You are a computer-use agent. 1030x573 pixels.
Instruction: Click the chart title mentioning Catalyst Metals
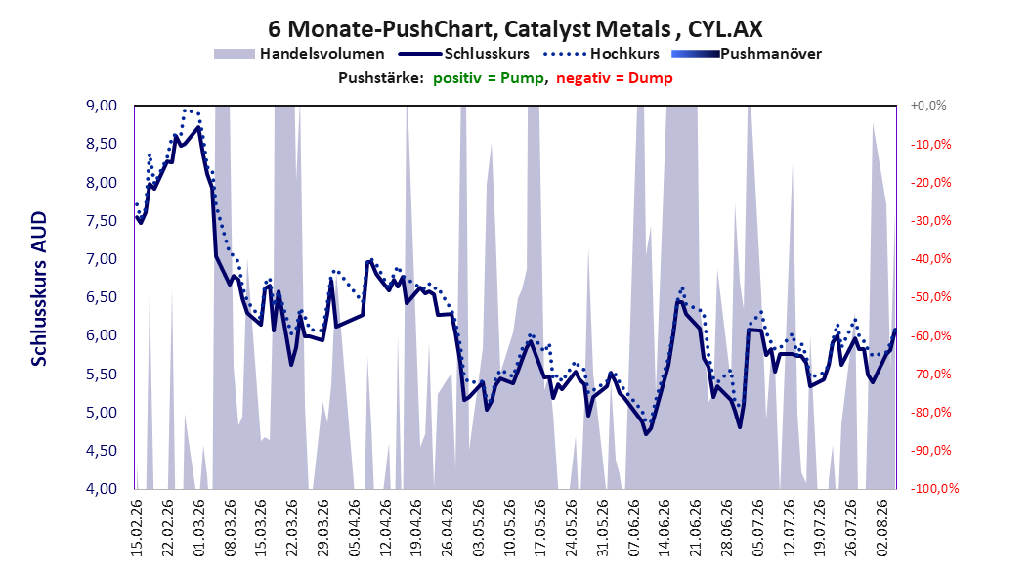click(515, 29)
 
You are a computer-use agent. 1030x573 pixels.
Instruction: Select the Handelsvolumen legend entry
click(300, 54)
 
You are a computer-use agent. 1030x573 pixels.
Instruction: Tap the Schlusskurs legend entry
click(464, 54)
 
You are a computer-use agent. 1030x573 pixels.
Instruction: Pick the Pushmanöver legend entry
click(747, 54)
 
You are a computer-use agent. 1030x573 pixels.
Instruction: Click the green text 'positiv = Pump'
click(489, 78)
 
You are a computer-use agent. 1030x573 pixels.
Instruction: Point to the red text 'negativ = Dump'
click(615, 78)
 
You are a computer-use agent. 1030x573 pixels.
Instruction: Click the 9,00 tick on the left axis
click(102, 106)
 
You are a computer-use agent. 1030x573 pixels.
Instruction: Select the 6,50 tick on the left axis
click(102, 297)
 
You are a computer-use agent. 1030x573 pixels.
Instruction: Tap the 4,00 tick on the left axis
click(102, 489)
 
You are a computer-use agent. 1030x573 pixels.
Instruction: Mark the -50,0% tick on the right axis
click(930, 297)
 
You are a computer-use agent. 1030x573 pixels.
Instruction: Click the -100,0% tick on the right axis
click(934, 489)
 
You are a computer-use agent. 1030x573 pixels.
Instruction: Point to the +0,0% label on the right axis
click(928, 106)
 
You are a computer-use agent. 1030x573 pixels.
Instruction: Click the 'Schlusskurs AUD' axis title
click(39, 289)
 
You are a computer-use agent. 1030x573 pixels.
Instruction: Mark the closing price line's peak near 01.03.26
click(199, 127)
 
